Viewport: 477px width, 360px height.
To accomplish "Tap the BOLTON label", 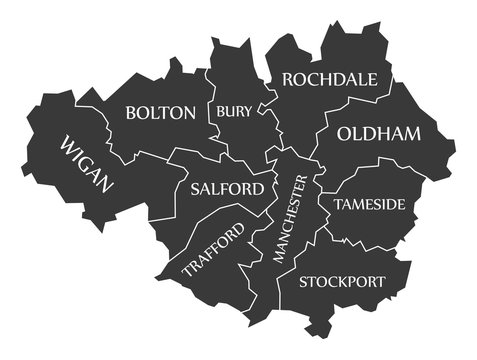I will pyautogui.click(x=160, y=113).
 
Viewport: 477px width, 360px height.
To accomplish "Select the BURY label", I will pyautogui.click(x=234, y=111).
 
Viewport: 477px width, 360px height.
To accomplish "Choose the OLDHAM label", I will pyautogui.click(x=379, y=134).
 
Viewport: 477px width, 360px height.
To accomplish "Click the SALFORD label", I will pyautogui.click(x=227, y=188).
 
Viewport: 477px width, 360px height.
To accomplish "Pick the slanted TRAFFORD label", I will pyautogui.click(x=213, y=250).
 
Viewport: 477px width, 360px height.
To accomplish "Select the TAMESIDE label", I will pyautogui.click(x=370, y=204).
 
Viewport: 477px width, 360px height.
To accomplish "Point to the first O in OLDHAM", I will pyautogui.click(x=345, y=134).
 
